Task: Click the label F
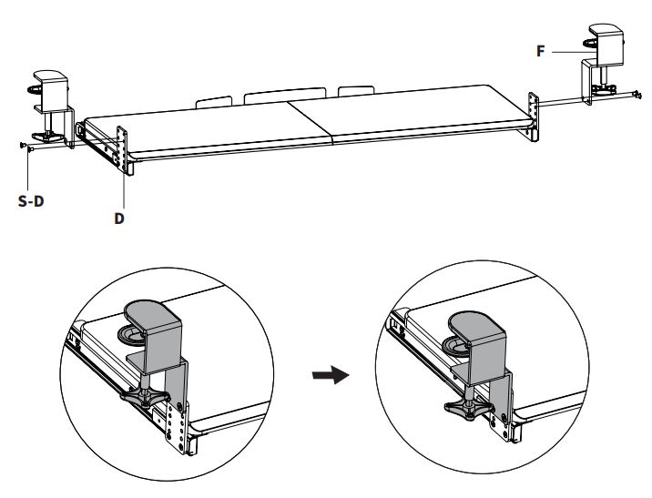click(x=541, y=52)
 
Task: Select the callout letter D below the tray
click(x=119, y=219)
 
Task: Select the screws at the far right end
click(x=634, y=93)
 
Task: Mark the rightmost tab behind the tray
click(x=355, y=92)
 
